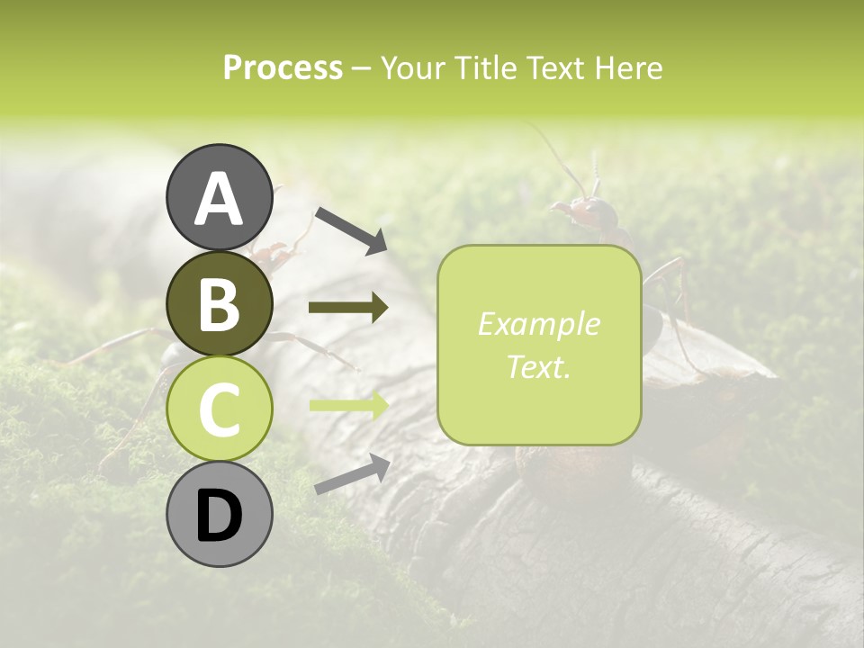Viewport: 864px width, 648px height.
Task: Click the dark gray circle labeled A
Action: pos(220,197)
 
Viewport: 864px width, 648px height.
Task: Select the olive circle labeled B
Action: pos(220,303)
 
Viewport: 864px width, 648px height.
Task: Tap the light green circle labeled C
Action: pos(220,409)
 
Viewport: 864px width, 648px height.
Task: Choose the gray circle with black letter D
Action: pos(220,515)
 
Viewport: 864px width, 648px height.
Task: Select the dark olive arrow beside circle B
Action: pos(348,308)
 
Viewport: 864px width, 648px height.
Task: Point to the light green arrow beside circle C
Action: pos(348,405)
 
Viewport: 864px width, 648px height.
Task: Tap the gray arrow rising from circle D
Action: pos(352,475)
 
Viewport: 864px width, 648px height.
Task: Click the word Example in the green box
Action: pos(538,324)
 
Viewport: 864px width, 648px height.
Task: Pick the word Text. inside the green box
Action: pos(538,366)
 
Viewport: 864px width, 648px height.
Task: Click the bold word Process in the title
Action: pos(283,67)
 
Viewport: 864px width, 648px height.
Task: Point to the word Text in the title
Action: pos(558,67)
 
